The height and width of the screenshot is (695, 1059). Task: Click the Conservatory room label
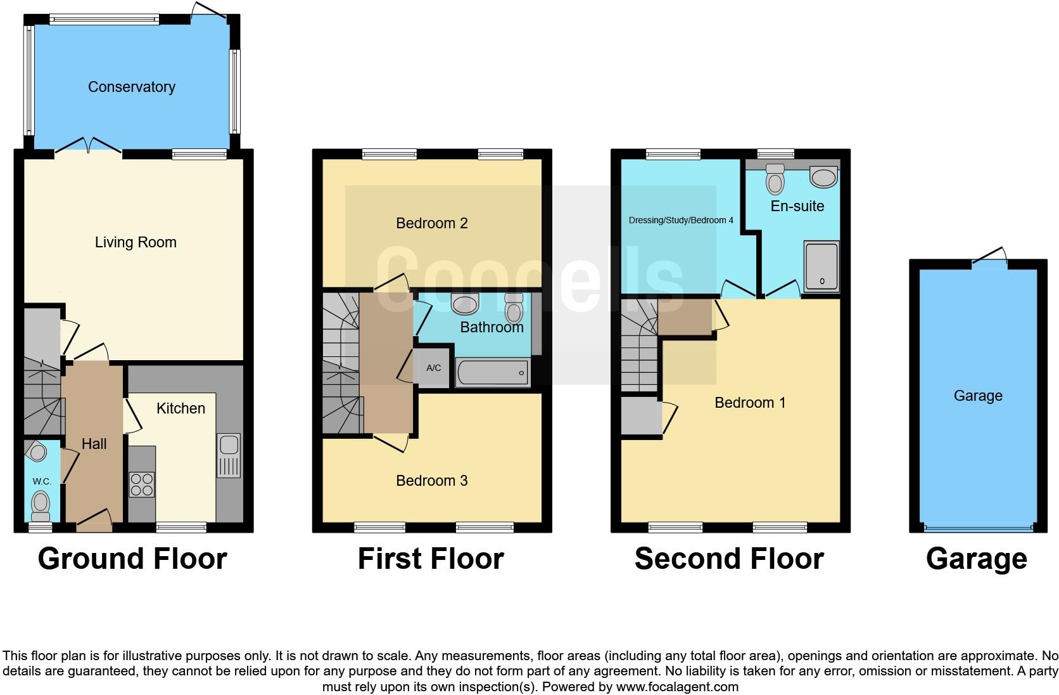[x=131, y=87]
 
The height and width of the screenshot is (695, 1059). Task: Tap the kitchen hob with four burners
[x=142, y=485]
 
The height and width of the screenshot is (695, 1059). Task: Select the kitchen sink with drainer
[x=229, y=455]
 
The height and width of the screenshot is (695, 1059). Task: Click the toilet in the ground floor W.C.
[x=41, y=505]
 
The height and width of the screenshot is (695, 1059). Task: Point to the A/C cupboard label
[x=433, y=368]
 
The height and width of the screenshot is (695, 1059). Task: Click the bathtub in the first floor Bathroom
[x=493, y=373]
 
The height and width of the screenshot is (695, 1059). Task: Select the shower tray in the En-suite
[x=821, y=266]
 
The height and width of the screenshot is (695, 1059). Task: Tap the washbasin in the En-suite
[x=823, y=177]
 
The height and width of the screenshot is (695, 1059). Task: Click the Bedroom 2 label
[x=431, y=223]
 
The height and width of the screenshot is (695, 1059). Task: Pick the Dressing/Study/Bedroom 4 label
[x=681, y=220]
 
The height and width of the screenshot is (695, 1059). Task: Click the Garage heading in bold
[x=976, y=559]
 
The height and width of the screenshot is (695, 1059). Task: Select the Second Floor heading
[x=729, y=559]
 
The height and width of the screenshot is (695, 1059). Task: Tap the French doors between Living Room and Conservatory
[x=88, y=146]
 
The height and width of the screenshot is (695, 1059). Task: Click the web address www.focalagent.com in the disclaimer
[x=676, y=686]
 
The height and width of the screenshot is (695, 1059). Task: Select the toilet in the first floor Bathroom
[x=514, y=309]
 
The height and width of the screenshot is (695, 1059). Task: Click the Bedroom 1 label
[x=750, y=403]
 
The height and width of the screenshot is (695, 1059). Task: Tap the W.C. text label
[x=42, y=481]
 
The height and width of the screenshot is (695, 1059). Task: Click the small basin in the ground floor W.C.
[x=37, y=452]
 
